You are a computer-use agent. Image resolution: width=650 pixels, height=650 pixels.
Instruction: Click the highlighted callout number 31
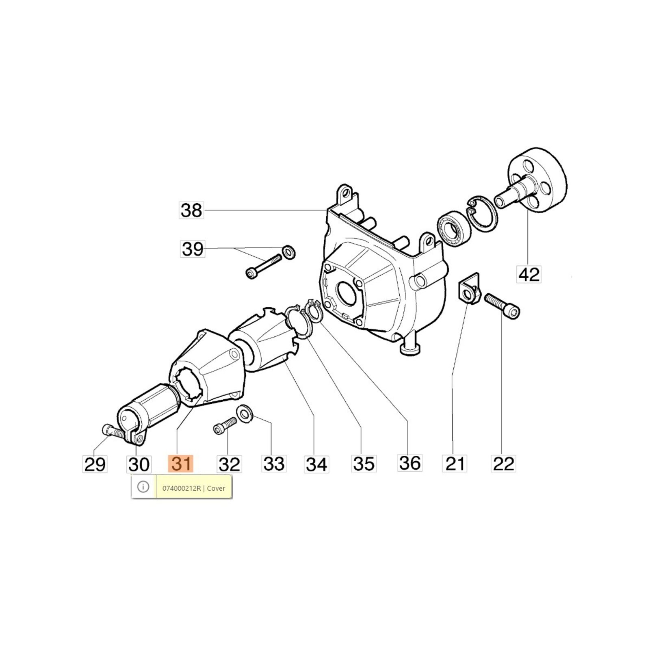click(181, 464)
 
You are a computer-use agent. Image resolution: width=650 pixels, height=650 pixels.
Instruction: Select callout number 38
click(191, 210)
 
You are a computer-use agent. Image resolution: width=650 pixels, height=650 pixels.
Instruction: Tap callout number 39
click(193, 249)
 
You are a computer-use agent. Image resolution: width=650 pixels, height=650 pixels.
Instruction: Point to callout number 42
click(529, 274)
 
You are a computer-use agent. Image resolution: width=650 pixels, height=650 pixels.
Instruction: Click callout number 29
click(95, 464)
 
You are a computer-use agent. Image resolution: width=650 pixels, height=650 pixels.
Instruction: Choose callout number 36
click(410, 463)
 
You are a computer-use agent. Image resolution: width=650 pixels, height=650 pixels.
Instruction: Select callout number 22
click(503, 463)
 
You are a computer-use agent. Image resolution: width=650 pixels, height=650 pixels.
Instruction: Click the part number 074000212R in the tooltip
click(182, 488)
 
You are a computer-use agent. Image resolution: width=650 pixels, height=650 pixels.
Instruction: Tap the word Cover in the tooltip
click(216, 488)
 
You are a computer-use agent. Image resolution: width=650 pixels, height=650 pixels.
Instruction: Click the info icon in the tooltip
click(143, 487)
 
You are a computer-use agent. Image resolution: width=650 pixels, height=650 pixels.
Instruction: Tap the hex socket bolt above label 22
click(503, 305)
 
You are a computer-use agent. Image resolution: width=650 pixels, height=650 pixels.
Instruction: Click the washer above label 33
click(244, 414)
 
